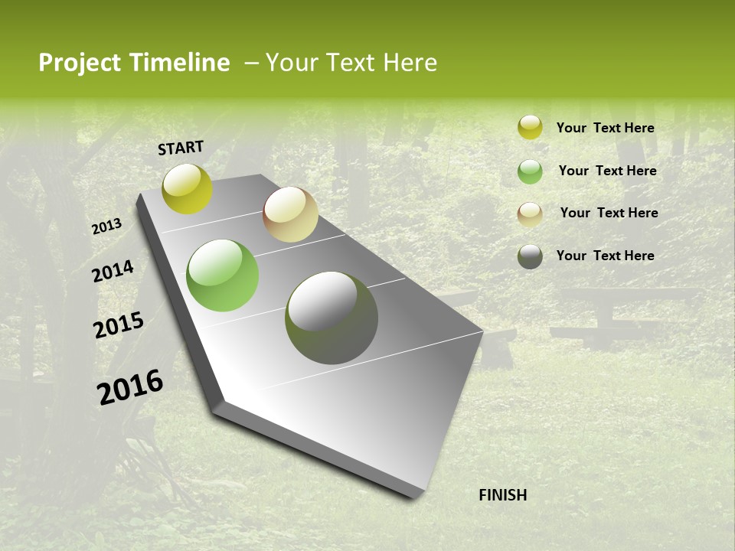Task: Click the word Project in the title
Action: click(80, 63)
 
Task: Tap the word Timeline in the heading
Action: click(179, 63)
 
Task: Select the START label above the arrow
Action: click(181, 148)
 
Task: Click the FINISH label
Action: click(502, 495)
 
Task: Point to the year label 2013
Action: click(106, 227)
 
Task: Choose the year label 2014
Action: click(113, 271)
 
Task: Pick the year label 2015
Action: click(118, 325)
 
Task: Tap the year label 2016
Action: click(130, 387)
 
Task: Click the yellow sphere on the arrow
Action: click(187, 188)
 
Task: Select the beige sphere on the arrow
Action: click(290, 214)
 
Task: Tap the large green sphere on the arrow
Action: click(223, 275)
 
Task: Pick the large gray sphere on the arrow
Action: click(332, 318)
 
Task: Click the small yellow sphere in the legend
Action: click(530, 128)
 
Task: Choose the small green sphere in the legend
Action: click(530, 171)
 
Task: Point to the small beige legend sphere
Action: click(530, 214)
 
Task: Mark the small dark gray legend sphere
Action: click(530, 256)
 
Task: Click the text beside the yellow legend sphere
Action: click(605, 128)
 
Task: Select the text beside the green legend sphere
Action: click(607, 171)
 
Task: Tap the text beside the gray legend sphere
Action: click(605, 256)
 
